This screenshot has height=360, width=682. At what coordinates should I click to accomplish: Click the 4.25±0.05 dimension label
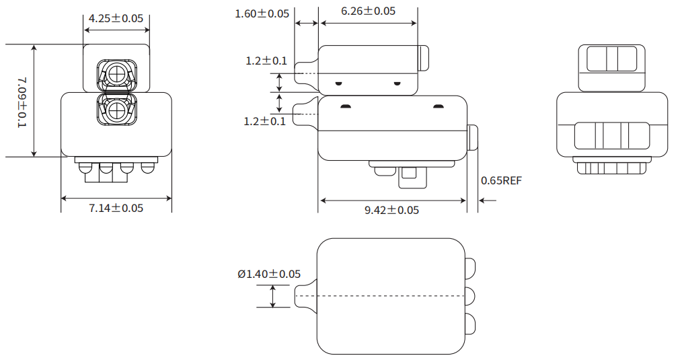116,18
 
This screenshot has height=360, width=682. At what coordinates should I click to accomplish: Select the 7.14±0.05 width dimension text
116,208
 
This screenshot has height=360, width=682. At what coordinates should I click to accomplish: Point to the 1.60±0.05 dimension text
262,13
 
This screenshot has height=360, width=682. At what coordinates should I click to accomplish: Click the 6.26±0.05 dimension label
368,11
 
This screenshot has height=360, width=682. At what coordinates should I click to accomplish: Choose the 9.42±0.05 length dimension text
391,210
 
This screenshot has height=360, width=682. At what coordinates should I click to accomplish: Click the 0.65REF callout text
501,180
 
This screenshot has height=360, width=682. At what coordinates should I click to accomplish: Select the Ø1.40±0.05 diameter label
268,274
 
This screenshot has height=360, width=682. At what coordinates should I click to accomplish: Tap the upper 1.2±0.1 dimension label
266,61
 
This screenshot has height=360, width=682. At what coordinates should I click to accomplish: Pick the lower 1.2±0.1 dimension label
266,121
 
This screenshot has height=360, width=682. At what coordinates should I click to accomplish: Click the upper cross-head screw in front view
117,73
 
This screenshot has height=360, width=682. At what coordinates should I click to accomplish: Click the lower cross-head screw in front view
117,109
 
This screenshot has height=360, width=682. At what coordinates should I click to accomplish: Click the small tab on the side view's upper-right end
424,59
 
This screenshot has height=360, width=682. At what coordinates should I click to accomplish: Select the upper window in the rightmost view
611,59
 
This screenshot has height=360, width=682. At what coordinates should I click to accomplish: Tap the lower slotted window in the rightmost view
611,135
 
